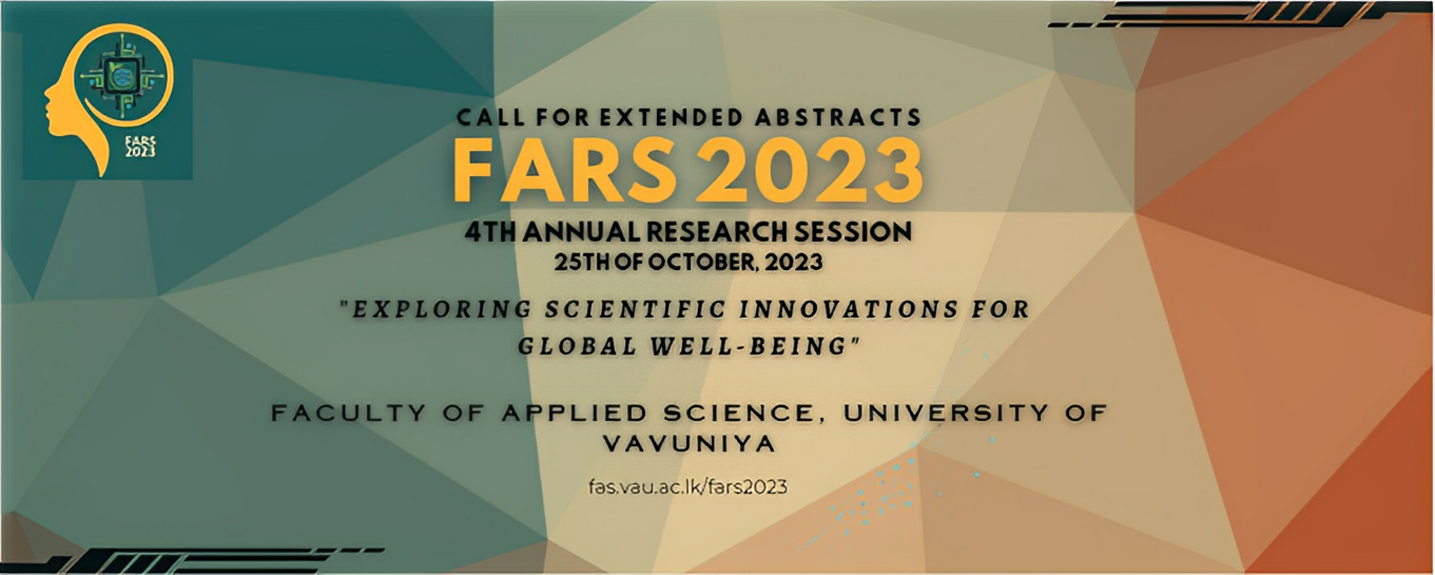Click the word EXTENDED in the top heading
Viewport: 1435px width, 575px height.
[x=660, y=117]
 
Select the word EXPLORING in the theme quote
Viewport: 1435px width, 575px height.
[x=441, y=309]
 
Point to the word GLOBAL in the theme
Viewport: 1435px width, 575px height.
[x=578, y=347]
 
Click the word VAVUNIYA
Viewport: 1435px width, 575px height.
[x=689, y=444]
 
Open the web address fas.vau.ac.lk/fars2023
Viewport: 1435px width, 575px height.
[x=687, y=487]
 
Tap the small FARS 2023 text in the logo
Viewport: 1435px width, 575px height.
[x=141, y=146]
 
